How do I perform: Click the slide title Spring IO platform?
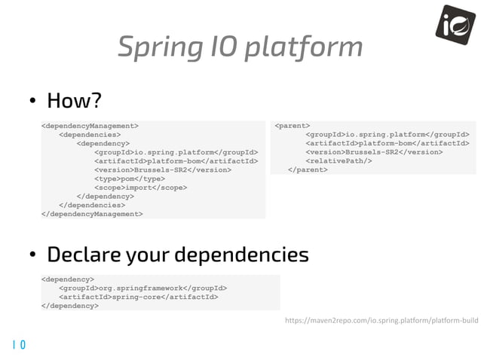point(240,47)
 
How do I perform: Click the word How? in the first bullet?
point(73,99)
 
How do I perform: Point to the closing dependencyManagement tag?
point(92,213)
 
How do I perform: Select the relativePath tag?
point(339,160)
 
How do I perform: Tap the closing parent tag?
point(308,169)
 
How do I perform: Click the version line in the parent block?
point(373,151)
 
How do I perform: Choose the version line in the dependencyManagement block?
point(162,169)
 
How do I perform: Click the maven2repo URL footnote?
point(381,320)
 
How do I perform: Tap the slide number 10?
point(18,345)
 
